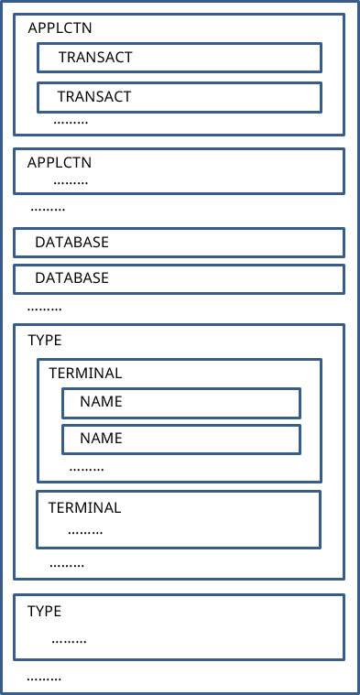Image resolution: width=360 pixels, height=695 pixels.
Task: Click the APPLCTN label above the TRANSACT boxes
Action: click(60, 27)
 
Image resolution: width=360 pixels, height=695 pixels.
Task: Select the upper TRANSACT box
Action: click(179, 57)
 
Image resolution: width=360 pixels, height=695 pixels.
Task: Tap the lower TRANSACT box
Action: click(179, 96)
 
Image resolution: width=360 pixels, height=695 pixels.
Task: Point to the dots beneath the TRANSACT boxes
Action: click(71, 121)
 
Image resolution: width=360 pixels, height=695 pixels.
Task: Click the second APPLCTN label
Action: click(60, 162)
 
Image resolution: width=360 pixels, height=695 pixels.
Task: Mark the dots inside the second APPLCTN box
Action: click(71, 181)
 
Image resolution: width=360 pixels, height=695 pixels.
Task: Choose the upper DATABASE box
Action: click(179, 243)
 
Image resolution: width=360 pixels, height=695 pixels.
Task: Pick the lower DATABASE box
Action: click(179, 277)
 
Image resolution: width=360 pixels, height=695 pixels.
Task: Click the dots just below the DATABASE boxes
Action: click(45, 309)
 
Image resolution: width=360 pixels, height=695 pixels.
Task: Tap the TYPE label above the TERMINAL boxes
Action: click(45, 340)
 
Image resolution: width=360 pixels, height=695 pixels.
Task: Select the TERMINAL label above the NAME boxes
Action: click(84, 374)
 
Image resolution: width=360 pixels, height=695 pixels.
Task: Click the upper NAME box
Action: click(180, 402)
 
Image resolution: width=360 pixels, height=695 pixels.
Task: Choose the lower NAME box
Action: click(180, 439)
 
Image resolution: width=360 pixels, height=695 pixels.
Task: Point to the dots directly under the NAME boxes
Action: click(86, 468)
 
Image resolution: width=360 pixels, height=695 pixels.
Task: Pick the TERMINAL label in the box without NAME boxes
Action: click(84, 507)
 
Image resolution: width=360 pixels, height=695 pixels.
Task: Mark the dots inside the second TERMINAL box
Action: click(85, 530)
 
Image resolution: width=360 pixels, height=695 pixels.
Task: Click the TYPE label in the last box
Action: click(44, 611)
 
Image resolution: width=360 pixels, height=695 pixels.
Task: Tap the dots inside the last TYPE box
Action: click(69, 640)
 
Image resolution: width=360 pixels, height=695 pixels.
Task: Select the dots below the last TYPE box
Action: click(44, 678)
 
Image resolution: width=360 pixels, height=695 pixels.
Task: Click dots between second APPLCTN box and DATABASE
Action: click(48, 209)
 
